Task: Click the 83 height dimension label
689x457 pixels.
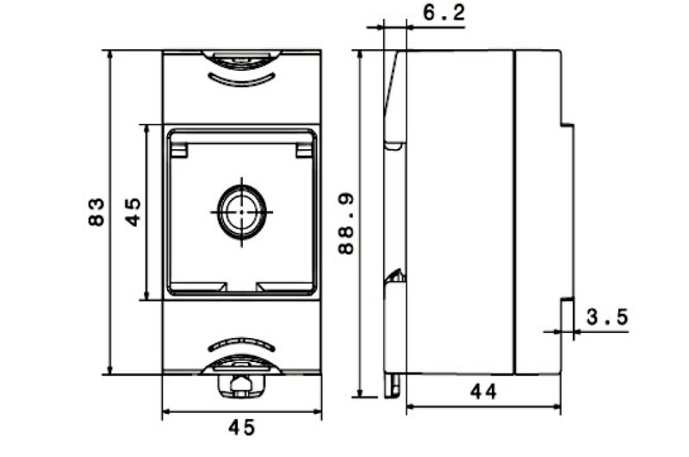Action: (96, 212)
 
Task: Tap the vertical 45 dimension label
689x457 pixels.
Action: (133, 211)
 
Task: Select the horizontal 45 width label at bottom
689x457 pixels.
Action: (242, 428)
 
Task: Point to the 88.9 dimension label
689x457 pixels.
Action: (346, 225)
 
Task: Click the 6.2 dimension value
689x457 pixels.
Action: (444, 12)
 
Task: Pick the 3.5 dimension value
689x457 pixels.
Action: (608, 316)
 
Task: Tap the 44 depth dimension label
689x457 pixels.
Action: (483, 391)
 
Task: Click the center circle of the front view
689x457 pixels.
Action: (242, 212)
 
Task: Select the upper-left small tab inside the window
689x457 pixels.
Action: (179, 150)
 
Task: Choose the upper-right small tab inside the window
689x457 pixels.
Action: (304, 150)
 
